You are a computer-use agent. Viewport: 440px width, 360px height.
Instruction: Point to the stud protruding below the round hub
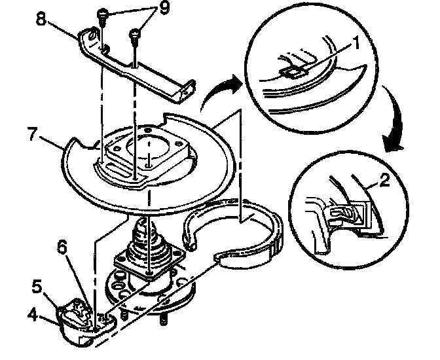pos(162,320)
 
